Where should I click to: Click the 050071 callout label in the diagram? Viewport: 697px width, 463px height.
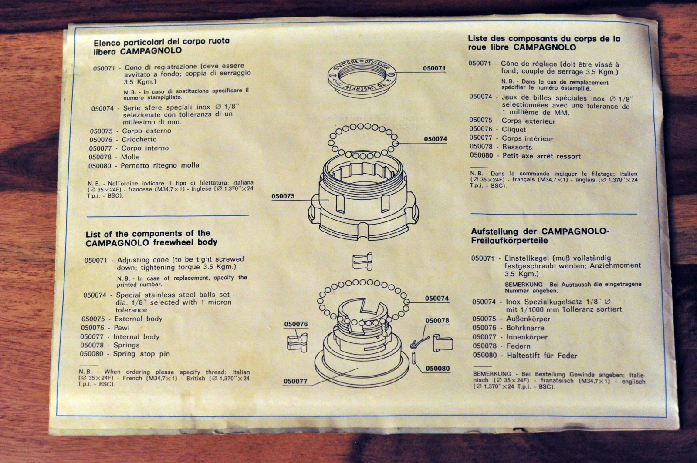(434, 68)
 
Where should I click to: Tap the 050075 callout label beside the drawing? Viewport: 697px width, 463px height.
(283, 196)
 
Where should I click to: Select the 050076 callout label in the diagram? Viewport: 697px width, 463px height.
(296, 324)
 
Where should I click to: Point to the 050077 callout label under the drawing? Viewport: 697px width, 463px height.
(295, 381)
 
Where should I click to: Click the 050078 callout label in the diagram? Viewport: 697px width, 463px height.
(437, 321)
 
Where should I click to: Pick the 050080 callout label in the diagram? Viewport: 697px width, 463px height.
(438, 369)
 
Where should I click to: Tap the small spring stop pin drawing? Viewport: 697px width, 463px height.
(414, 358)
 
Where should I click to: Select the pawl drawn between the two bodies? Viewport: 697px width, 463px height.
(362, 261)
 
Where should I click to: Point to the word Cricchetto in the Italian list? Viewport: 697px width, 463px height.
(139, 140)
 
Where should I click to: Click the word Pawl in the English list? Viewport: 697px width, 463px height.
(122, 328)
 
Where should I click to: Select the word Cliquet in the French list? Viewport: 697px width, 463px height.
(514, 130)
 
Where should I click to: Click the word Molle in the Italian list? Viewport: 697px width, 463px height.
(130, 157)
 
